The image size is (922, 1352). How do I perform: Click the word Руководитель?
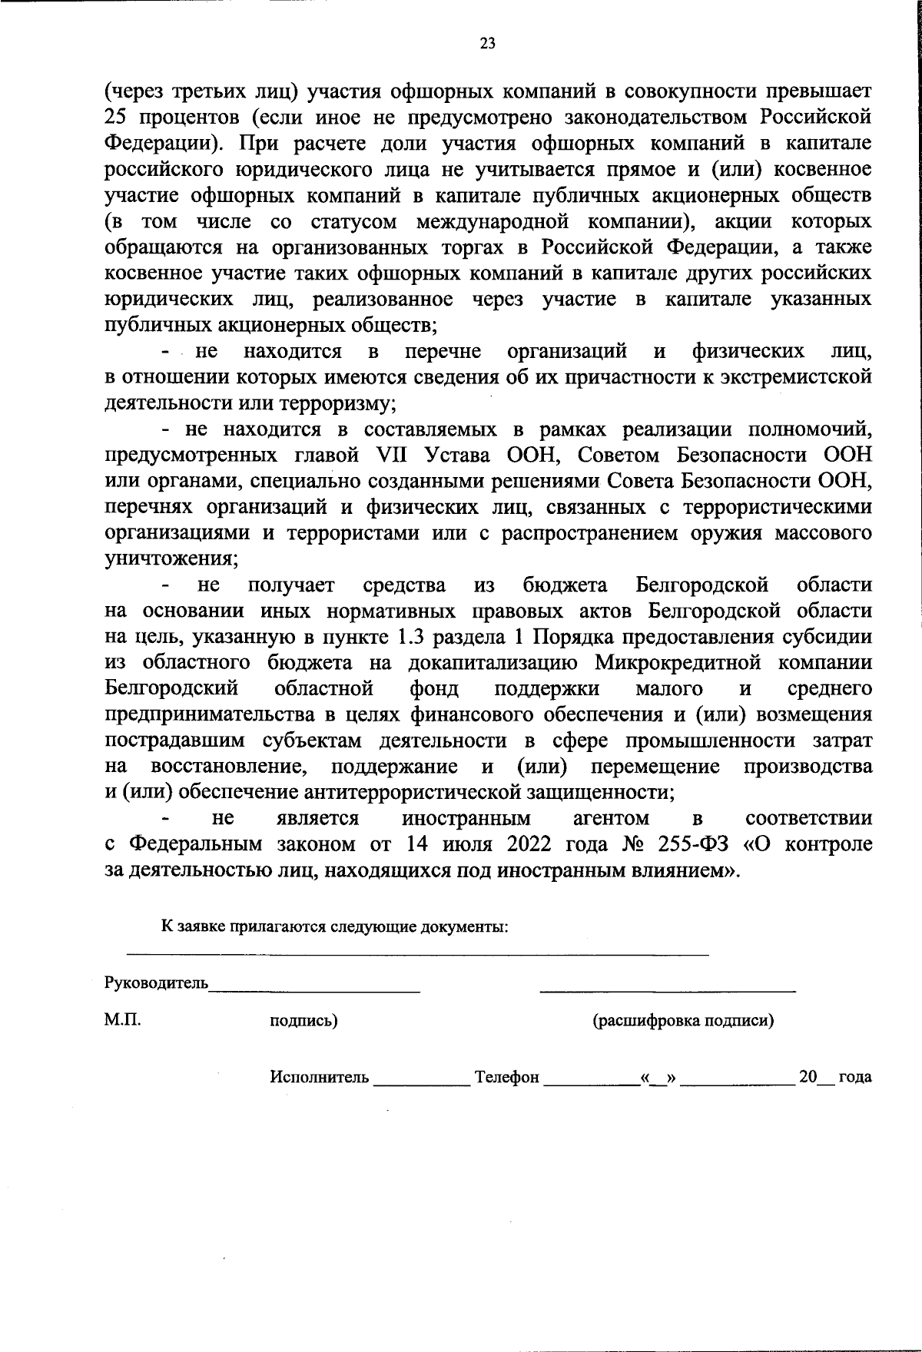click(x=156, y=983)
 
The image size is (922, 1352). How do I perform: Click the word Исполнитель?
click(x=319, y=1077)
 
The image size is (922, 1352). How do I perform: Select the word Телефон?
click(x=507, y=1077)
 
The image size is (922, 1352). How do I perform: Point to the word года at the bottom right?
click(x=854, y=1077)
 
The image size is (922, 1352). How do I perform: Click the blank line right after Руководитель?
click(x=315, y=989)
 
